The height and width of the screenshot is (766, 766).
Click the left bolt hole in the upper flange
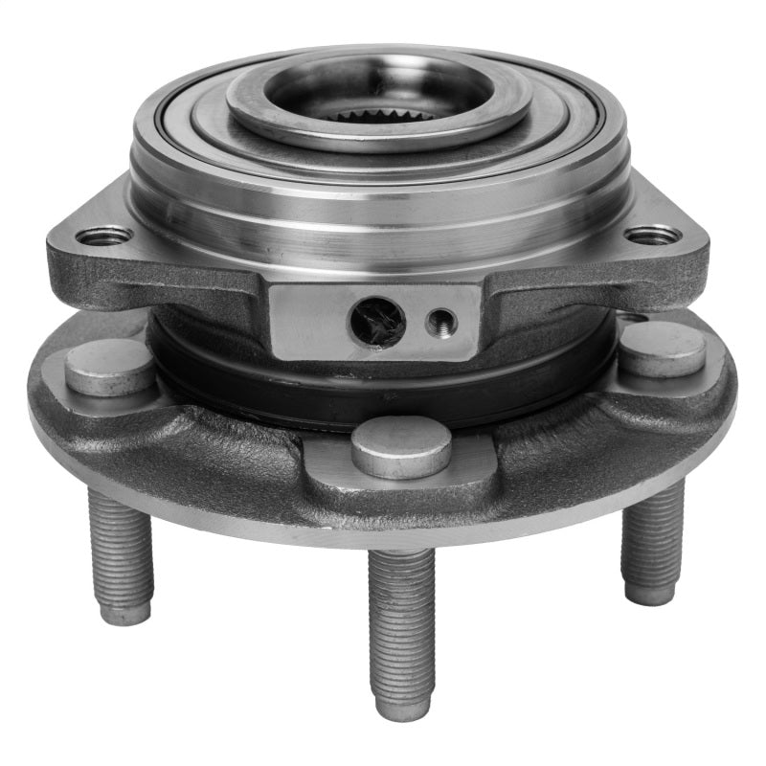(104, 235)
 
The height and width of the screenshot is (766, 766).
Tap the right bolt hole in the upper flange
(653, 234)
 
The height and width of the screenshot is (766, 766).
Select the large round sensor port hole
(376, 320)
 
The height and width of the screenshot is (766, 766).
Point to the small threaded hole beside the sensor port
(439, 319)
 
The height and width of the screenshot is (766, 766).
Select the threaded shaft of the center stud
(401, 622)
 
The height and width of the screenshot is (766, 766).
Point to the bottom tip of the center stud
(401, 709)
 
